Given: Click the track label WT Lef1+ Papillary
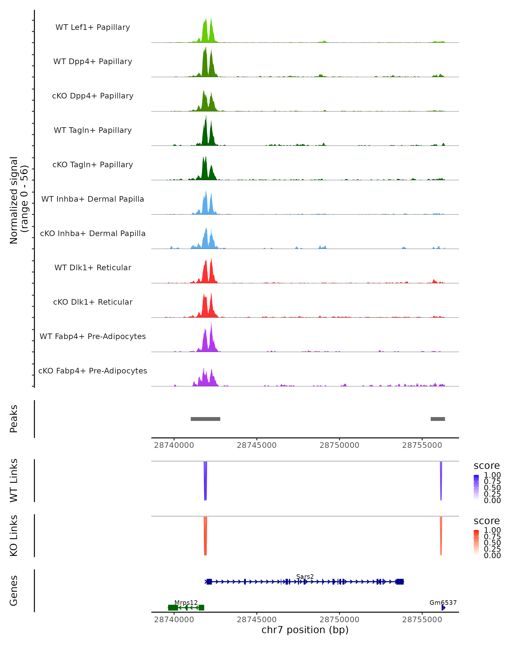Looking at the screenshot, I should [x=93, y=27].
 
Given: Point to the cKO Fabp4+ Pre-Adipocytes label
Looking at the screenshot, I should [x=93, y=371].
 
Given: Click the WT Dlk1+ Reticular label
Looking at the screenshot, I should [x=93, y=267].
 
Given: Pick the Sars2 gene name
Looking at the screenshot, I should [x=305, y=576].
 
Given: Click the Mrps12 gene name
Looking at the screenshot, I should [x=186, y=602].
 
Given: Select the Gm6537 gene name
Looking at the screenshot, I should [x=443, y=602].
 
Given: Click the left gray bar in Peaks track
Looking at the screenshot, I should [x=206, y=419].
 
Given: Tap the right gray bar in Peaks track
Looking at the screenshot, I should [x=438, y=419].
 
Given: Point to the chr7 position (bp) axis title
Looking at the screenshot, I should [x=305, y=630].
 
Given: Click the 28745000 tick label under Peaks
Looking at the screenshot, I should [x=256, y=445].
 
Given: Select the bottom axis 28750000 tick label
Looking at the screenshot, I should [x=339, y=620].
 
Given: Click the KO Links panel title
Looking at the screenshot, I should [x=14, y=536].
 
